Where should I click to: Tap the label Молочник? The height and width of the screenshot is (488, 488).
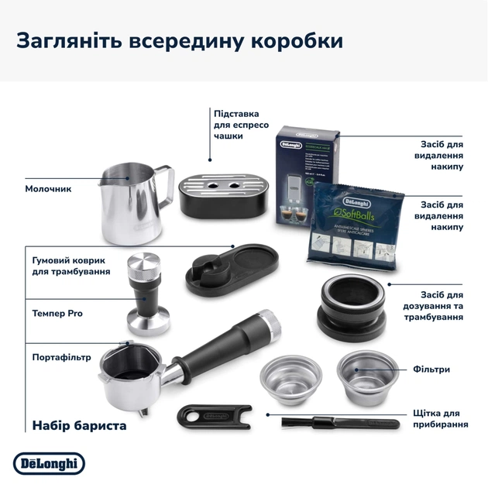tap(48, 188)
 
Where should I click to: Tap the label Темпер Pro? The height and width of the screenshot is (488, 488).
tap(57, 313)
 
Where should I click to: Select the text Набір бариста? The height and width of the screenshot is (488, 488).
tap(79, 425)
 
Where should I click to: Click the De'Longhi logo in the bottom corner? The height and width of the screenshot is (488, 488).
tap(49, 463)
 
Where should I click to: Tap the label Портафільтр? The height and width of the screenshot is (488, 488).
tap(62, 357)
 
